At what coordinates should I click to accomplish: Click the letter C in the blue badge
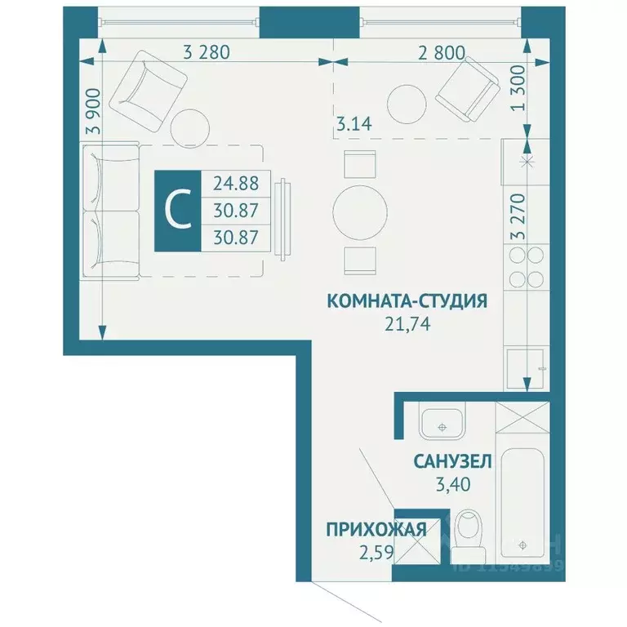(176, 210)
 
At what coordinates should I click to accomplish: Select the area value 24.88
(235, 184)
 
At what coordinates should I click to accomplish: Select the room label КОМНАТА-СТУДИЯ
(407, 300)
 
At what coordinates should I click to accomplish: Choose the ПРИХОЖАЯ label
(376, 530)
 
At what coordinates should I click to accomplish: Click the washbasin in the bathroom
(442, 422)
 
